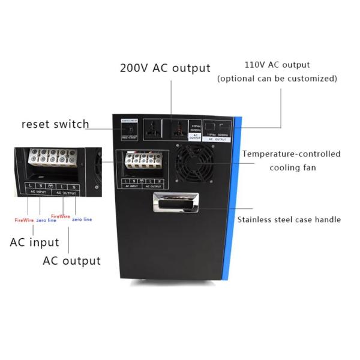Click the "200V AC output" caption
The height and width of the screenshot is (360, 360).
pos(165,68)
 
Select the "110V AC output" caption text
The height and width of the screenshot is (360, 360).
pos(277,65)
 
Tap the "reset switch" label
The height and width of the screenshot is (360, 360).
pos(55,124)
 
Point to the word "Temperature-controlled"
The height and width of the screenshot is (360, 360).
pos(292,154)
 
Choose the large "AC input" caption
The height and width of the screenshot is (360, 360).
pos(34,242)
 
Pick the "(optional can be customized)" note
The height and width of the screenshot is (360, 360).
pos(277,79)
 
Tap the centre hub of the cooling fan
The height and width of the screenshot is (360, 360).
pos(196,161)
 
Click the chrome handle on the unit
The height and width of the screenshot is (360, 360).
pos(175,203)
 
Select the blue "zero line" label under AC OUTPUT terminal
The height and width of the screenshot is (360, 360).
pos(82,220)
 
